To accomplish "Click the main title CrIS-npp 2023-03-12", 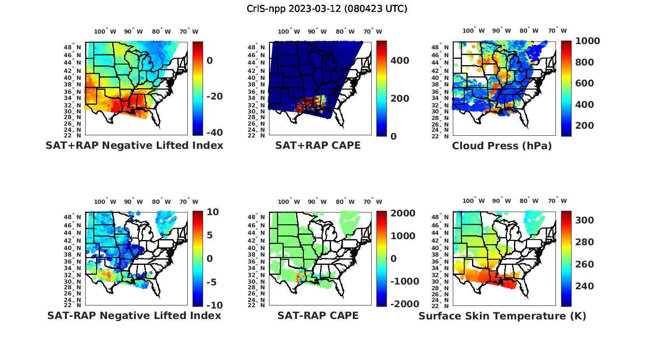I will (x=327, y=9).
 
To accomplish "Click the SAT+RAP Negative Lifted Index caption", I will (x=134, y=145).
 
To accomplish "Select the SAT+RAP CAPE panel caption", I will (x=318, y=145).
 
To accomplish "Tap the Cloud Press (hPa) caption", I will (x=502, y=146).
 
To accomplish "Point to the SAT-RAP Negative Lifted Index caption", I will (x=134, y=315).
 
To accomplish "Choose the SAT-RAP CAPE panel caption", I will (x=318, y=315).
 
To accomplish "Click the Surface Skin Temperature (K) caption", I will (x=502, y=316).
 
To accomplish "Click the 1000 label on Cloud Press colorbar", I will (x=587, y=41).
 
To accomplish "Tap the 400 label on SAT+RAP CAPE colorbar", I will (x=400, y=61).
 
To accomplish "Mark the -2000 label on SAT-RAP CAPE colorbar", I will (x=404, y=304).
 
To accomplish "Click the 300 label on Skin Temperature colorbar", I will (x=585, y=220).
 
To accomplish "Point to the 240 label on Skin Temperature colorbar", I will (x=585, y=286).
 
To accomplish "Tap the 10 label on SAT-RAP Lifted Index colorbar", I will (x=213, y=212).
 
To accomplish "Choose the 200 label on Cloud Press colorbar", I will (x=585, y=126).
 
